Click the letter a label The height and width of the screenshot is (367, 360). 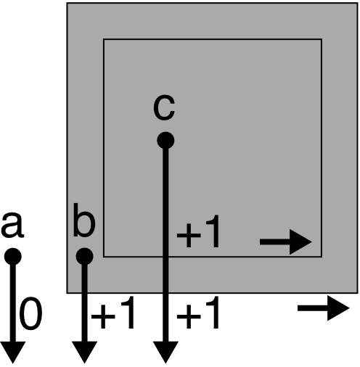click(12, 225)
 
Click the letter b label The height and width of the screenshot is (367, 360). click(84, 220)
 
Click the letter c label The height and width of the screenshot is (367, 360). click(164, 108)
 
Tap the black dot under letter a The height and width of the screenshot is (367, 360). click(13, 257)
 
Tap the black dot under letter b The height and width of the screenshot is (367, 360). click(84, 256)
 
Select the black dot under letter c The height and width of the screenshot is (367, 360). click(165, 141)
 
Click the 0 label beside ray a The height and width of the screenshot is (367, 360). click(30, 313)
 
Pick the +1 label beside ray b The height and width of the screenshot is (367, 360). click(112, 313)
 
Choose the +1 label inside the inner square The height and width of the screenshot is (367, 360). click(198, 231)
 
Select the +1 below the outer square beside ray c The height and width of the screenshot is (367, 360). click(198, 313)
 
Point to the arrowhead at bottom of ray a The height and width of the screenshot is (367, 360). click(12, 352)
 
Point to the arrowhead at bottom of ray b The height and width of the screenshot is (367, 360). click(84, 352)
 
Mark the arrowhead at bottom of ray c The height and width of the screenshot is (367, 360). click(165, 352)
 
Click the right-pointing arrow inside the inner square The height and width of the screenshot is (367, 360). click(286, 242)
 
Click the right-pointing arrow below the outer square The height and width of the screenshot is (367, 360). click(324, 308)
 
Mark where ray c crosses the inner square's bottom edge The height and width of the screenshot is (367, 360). click(165, 257)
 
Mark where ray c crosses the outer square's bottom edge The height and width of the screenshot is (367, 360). click(165, 293)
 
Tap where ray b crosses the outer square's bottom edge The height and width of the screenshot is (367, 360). click(84, 293)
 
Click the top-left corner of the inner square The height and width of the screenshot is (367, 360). click(104, 39)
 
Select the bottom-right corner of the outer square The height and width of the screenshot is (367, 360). click(358, 293)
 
